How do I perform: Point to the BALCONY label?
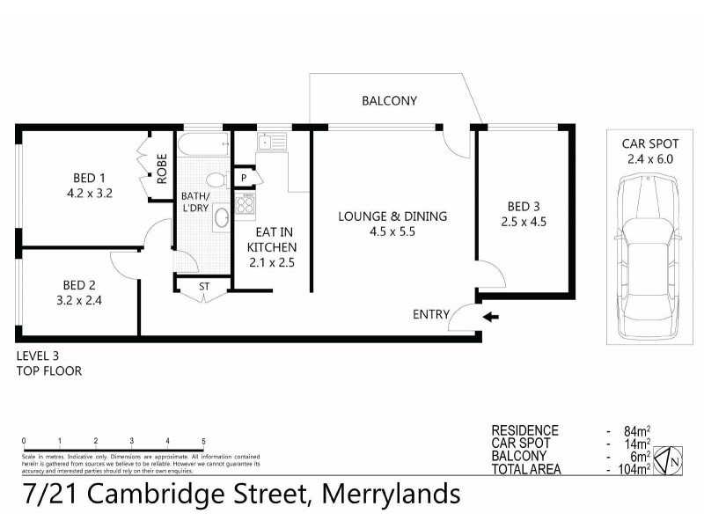tap(389, 101)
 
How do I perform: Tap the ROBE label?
tap(163, 168)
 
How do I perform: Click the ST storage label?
tap(204, 286)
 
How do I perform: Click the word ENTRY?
tap(431, 314)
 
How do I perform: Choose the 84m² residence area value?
tap(635, 431)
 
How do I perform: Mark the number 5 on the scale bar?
tap(203, 442)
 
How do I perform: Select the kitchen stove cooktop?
tap(244, 204)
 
